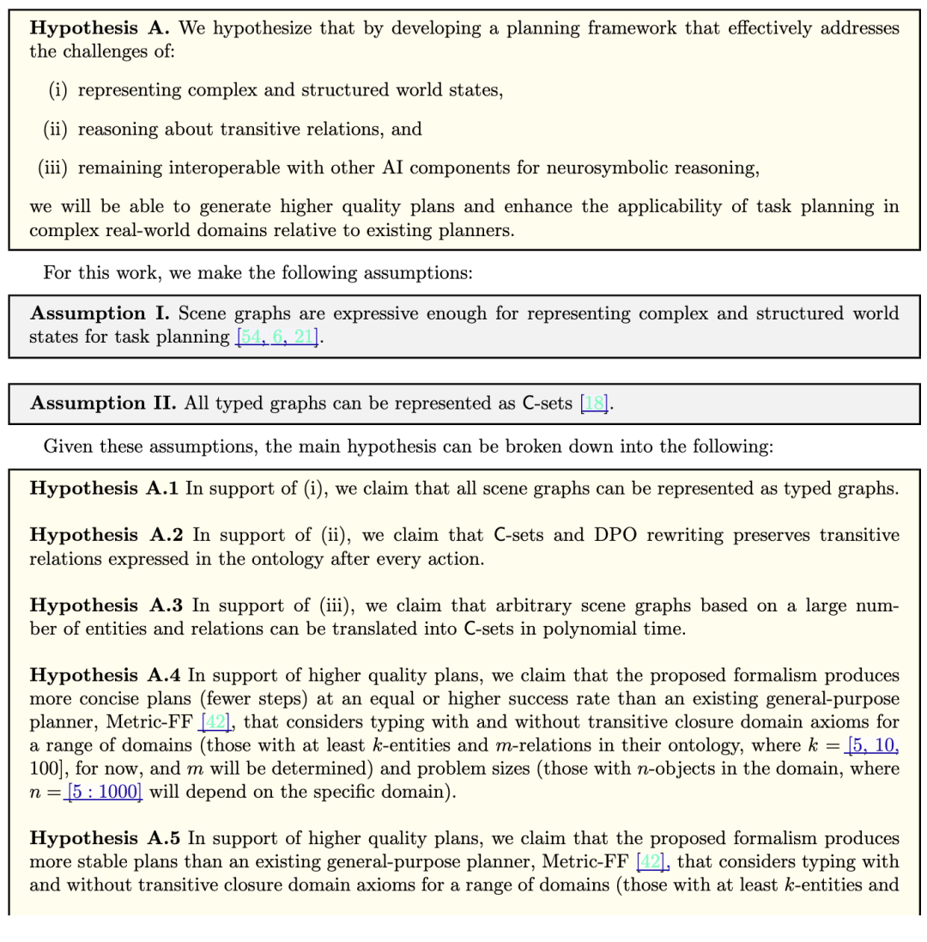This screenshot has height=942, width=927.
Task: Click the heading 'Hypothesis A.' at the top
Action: tap(100, 28)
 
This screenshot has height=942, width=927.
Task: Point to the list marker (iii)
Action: tap(53, 167)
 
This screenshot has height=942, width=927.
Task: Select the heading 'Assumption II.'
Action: tap(103, 404)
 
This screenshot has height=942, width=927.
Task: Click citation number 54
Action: tap(251, 337)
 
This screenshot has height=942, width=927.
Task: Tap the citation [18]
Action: tap(594, 404)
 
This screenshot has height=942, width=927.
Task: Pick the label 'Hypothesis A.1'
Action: tap(104, 489)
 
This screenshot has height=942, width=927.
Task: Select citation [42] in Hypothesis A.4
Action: tap(215, 722)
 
